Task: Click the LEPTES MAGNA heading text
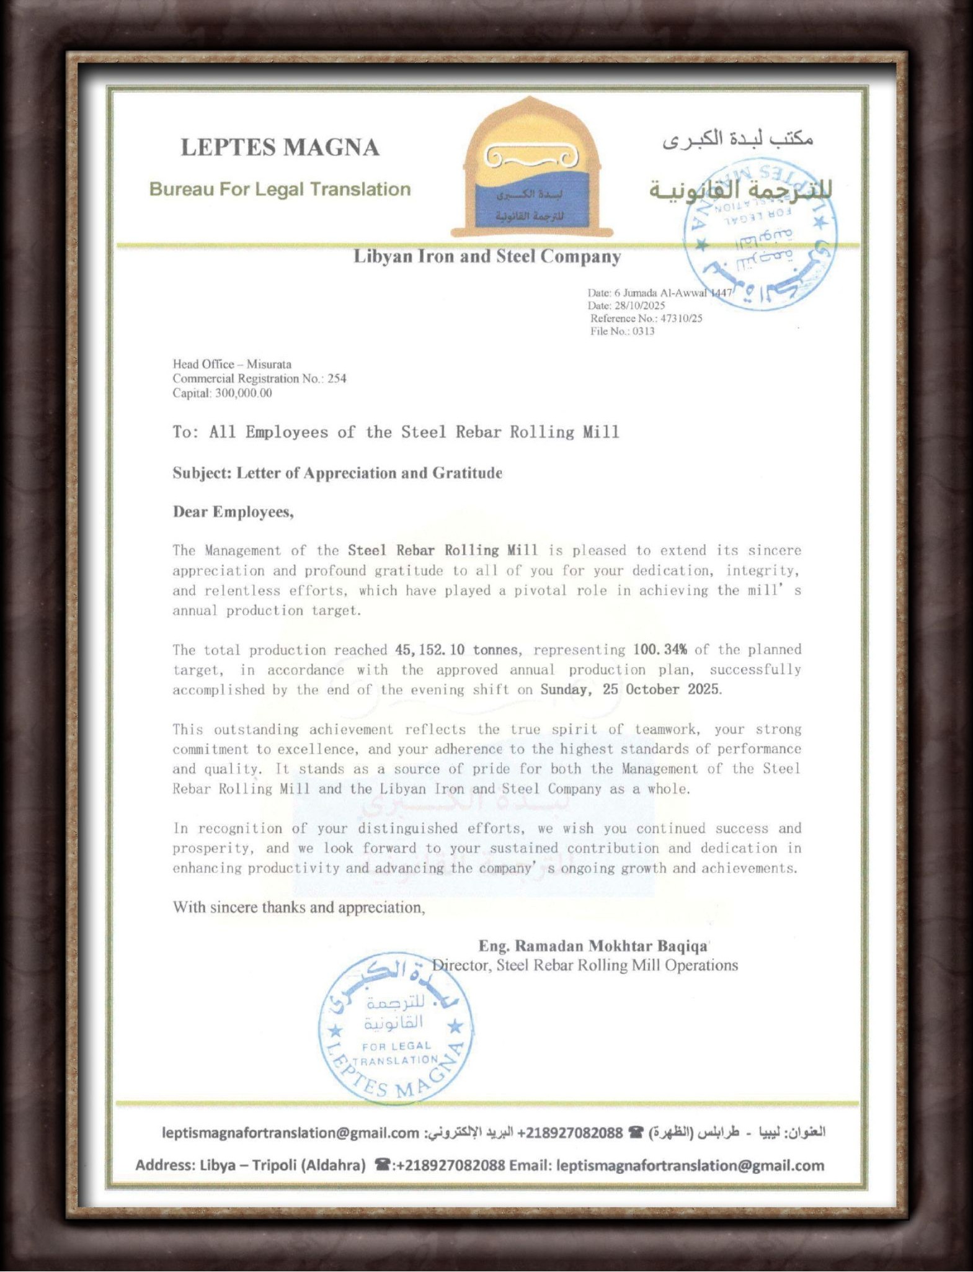[280, 148]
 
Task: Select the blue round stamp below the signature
[396, 1029]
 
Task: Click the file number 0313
[643, 331]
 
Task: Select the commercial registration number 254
[337, 378]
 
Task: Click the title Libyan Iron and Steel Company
[487, 256]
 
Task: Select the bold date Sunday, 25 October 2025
[630, 689]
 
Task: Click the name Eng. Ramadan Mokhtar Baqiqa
[592, 946]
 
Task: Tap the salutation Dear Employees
[233, 512]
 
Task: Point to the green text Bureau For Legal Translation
[280, 189]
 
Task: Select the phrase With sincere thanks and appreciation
[299, 907]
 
